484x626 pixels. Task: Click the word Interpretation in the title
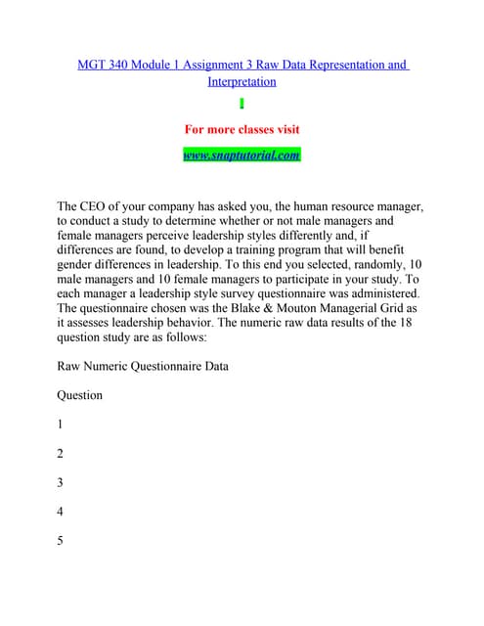point(242,81)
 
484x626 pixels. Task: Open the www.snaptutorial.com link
point(242,155)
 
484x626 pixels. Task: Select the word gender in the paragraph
point(78,265)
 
